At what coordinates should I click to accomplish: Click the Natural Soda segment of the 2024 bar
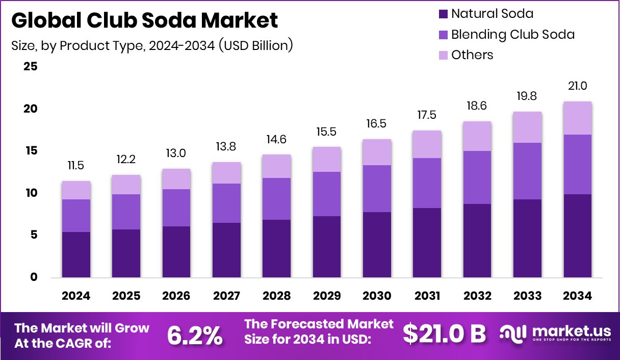[76, 255]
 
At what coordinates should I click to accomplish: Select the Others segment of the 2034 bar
[577, 118]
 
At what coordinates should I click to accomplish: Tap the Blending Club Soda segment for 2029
[327, 194]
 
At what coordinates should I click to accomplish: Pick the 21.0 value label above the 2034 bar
[577, 86]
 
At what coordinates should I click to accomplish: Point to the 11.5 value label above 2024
[76, 166]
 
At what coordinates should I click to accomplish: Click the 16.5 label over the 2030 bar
[377, 124]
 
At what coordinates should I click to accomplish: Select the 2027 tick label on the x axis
[226, 296]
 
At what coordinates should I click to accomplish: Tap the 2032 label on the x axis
[477, 296]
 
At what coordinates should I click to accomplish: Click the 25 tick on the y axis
[31, 67]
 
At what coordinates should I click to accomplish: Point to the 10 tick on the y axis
[31, 193]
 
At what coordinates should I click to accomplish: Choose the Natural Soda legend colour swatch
[442, 14]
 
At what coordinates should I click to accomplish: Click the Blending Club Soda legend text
[513, 35]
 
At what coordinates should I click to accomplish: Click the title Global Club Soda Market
[145, 20]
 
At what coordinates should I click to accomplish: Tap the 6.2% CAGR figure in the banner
[195, 335]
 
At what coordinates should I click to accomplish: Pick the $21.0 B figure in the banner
[444, 334]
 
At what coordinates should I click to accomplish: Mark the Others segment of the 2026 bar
[176, 179]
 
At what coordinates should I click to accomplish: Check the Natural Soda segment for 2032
[477, 241]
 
